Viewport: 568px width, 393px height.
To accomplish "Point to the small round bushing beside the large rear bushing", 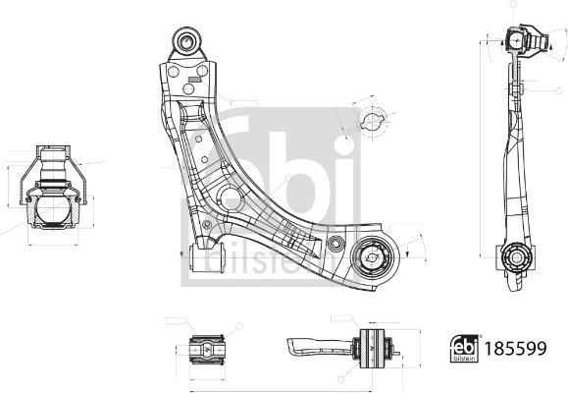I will pos(336,242).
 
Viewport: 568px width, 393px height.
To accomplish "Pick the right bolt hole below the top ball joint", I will pos(202,71).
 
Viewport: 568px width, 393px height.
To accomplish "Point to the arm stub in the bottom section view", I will pos(314,345).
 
